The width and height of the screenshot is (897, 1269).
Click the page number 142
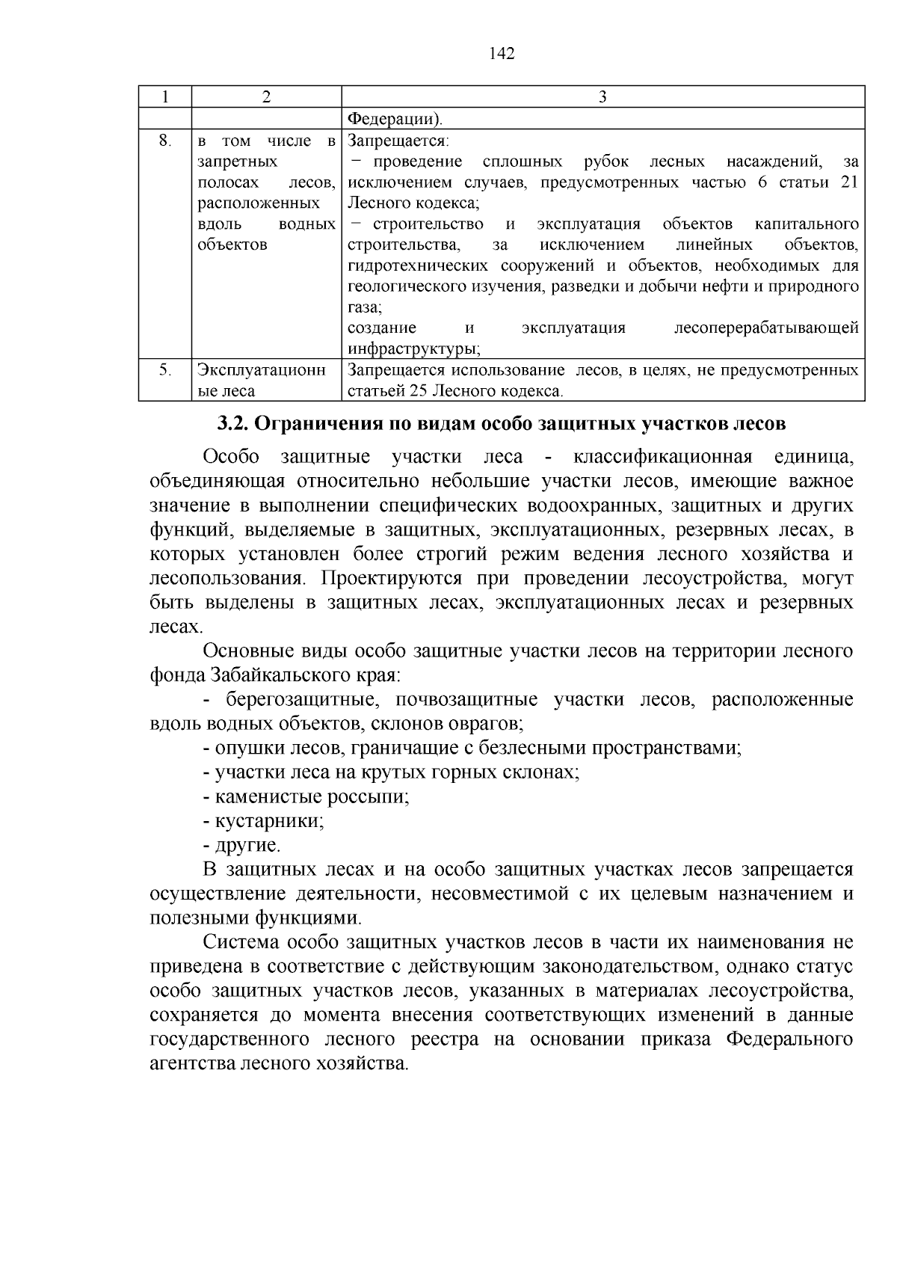[502, 54]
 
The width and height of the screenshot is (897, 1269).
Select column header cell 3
[602, 97]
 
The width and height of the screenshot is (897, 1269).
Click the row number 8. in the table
[165, 141]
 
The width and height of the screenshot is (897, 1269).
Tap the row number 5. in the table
[165, 369]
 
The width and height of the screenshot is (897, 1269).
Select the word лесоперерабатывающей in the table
[765, 328]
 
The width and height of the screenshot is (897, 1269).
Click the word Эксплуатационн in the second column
[262, 369]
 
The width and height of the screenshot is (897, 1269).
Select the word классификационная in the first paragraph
[662, 457]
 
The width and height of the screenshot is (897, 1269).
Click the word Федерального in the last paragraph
[790, 1039]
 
